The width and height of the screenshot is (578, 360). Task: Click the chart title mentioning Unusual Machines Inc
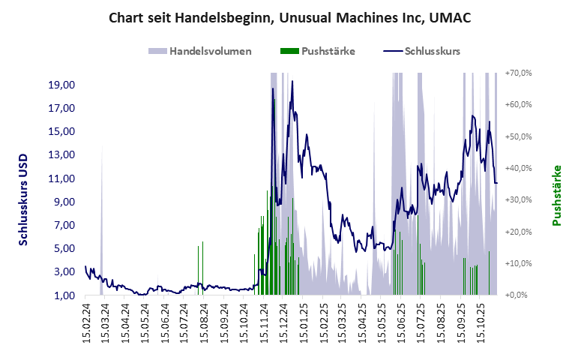point(289,16)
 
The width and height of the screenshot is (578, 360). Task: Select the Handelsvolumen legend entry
point(200,51)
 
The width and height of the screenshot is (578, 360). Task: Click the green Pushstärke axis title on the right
point(556,195)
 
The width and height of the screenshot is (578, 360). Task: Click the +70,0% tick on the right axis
point(518,73)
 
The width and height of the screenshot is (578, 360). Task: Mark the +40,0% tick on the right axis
point(518,168)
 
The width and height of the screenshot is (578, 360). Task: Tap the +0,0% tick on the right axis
point(520,295)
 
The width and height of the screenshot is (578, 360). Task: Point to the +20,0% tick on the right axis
point(518,232)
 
